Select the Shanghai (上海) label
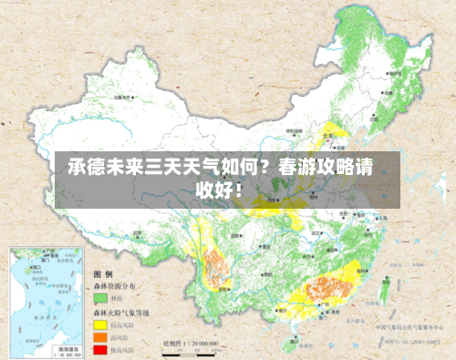384,219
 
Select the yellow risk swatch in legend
98,323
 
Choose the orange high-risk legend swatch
98,335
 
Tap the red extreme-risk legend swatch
98,348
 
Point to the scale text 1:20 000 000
196,344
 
